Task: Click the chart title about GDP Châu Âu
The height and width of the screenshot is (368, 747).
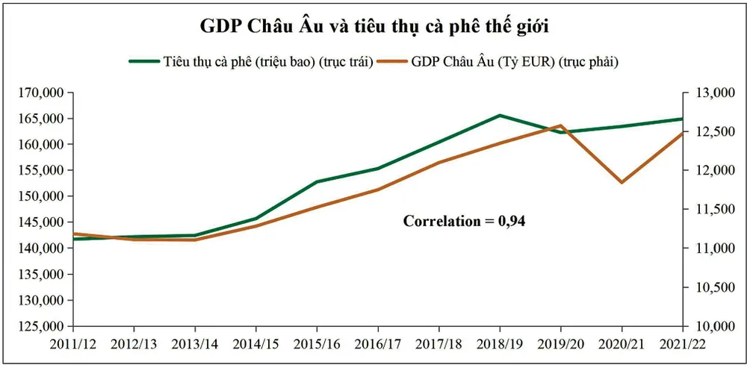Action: pos(373,27)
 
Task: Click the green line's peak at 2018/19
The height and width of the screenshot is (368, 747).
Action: pos(500,116)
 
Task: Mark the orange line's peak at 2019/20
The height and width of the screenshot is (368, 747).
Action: pos(561,125)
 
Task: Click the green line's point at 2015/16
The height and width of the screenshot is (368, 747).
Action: pos(317,181)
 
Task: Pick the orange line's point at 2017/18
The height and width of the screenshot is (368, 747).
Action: pos(439,162)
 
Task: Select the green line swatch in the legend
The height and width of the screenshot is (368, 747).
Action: pos(143,61)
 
